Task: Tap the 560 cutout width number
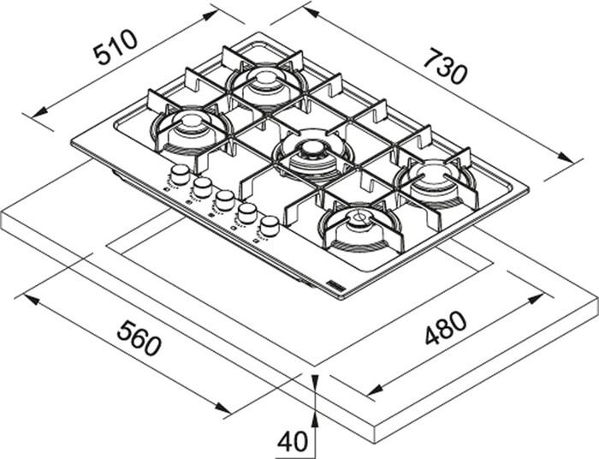(139, 337)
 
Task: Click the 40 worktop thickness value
(293, 440)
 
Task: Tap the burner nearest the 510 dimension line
(191, 130)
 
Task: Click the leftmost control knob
(180, 175)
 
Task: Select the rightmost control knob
(270, 225)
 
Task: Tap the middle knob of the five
(224, 200)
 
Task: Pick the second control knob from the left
(202, 187)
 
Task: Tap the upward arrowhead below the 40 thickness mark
(316, 418)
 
